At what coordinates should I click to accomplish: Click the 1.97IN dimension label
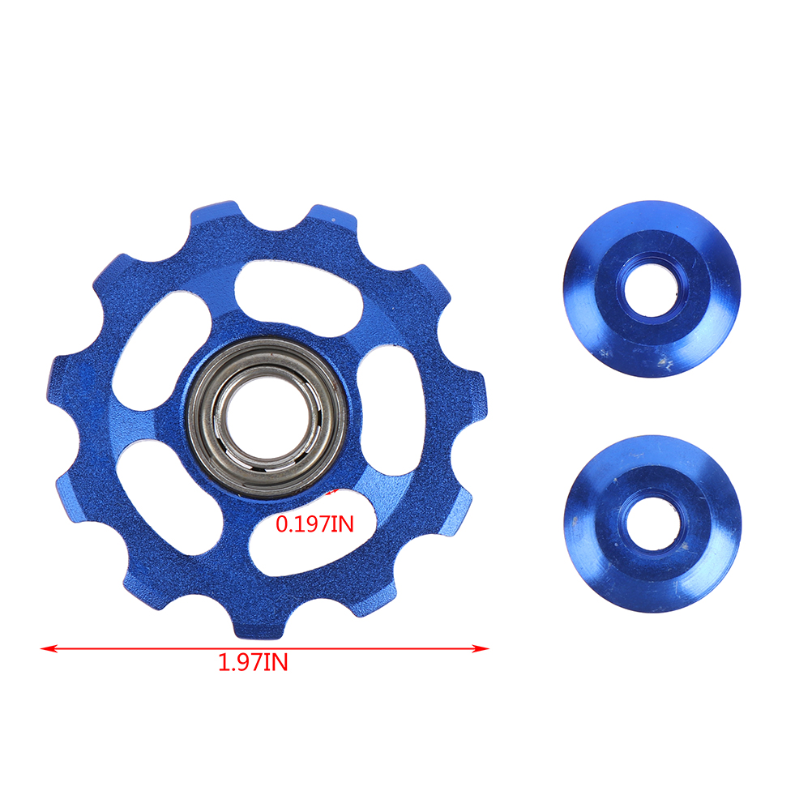pyautogui.click(x=253, y=662)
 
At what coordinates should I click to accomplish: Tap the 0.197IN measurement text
pyautogui.click(x=315, y=524)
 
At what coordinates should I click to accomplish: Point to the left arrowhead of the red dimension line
pyautogui.click(x=49, y=648)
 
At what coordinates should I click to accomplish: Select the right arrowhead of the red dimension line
pyautogui.click(x=480, y=648)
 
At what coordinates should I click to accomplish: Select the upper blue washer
pyautogui.click(x=652, y=289)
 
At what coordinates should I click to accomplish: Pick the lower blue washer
pyautogui.click(x=652, y=524)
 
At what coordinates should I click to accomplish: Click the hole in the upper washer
pyautogui.click(x=651, y=289)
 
